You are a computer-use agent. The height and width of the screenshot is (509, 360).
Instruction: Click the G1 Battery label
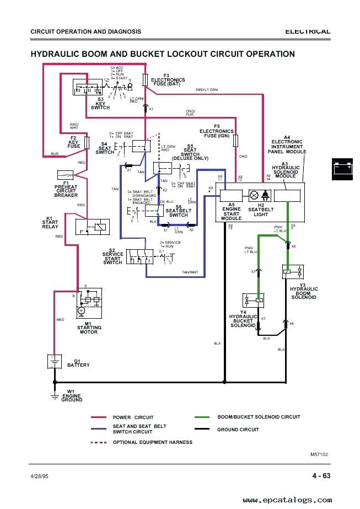[78, 363]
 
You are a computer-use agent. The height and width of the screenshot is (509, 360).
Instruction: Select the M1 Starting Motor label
[89, 328]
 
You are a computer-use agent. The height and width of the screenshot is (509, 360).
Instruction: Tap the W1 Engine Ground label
[72, 397]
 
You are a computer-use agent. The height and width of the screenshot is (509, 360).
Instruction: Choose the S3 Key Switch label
[100, 104]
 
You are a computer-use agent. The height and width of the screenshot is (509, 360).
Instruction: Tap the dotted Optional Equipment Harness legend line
[98, 442]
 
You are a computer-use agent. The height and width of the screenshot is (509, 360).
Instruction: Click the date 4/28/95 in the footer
[39, 476]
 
